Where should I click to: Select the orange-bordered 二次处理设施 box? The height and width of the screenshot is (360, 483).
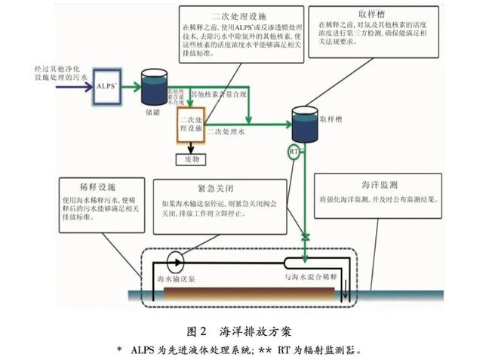tap(190, 128)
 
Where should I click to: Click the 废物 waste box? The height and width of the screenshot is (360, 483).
tap(190, 159)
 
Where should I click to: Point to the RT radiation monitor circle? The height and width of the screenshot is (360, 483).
tap(294, 152)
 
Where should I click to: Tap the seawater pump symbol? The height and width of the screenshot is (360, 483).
tap(177, 263)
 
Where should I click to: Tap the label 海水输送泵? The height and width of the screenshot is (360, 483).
tap(177, 281)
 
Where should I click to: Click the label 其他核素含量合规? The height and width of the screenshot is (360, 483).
tap(218, 94)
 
